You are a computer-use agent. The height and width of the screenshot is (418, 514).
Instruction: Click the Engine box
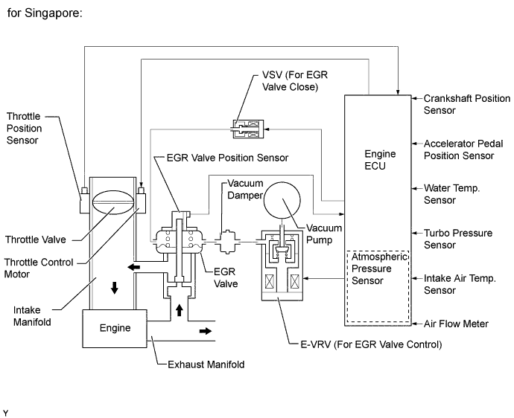[x=115, y=327]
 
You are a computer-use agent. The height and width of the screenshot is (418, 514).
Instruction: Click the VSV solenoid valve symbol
[x=246, y=129]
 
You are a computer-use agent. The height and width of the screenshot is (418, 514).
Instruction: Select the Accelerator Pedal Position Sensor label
[x=458, y=149]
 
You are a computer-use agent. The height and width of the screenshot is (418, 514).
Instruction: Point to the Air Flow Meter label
[x=456, y=324]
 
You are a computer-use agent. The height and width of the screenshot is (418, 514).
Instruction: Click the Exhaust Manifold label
[x=201, y=364]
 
